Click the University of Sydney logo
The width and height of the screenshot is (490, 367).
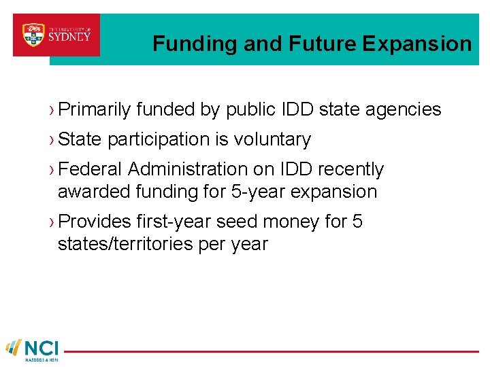(x=56, y=35)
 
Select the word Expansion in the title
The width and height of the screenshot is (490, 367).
(x=416, y=44)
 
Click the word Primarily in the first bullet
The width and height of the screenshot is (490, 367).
(x=94, y=109)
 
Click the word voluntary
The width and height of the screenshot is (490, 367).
(x=272, y=139)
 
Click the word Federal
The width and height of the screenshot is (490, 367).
(x=91, y=169)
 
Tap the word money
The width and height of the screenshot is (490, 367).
(x=292, y=222)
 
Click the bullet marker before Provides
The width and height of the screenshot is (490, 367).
(x=52, y=222)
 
